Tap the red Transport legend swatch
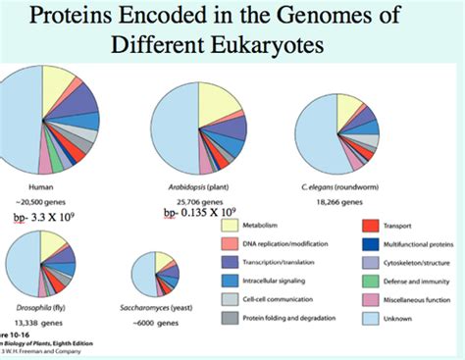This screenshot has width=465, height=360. coord(372,226)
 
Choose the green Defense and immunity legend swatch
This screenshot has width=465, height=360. coord(372,281)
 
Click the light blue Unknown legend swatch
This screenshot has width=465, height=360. coord(372,317)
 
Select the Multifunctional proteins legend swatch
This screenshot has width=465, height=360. coord(372,243)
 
